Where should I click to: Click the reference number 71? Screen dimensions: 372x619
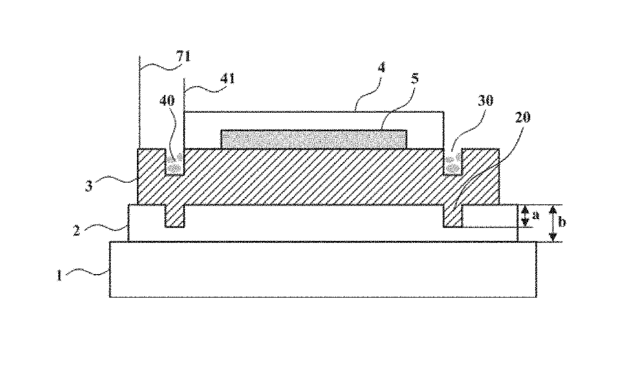184,56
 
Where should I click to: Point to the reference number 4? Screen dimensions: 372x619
381,68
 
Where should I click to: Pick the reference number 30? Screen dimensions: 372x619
485,101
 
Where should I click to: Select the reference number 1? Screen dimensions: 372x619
59,275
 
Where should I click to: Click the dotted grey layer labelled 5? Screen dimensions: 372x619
314,139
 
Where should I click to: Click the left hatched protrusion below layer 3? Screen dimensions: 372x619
174,216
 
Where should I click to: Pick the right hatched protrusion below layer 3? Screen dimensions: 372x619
453,216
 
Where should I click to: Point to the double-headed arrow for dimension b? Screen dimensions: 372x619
552,223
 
